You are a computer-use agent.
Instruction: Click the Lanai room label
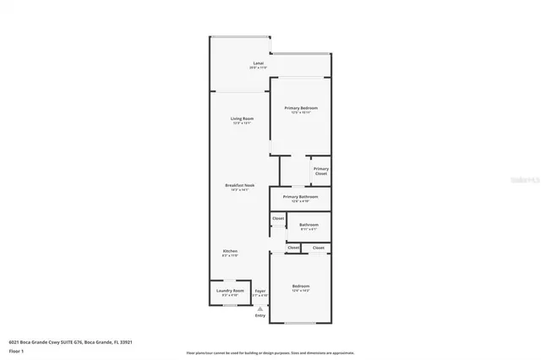pos(258,63)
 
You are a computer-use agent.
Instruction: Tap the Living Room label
pos(243,118)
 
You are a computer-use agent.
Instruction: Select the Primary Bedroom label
pos(300,108)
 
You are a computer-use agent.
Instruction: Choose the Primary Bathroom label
pos(300,197)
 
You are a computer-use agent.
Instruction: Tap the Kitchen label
pos(230,251)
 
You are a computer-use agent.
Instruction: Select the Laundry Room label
pos(230,291)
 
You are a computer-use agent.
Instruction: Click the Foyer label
pos(260,291)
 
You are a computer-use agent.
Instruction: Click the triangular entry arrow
pos(260,308)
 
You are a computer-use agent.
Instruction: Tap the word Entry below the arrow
pos(260,315)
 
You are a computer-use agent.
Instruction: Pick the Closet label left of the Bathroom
pos(277,219)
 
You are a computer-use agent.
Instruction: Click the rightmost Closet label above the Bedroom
pos(319,248)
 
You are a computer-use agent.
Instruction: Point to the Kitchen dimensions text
pos(230,256)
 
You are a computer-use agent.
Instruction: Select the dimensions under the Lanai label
pos(258,68)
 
